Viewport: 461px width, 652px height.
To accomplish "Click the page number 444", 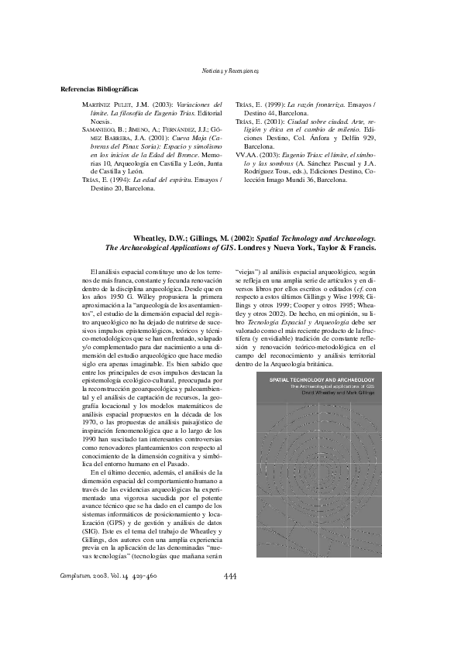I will click(229, 576).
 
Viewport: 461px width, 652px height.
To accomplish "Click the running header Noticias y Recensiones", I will click(230, 70).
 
